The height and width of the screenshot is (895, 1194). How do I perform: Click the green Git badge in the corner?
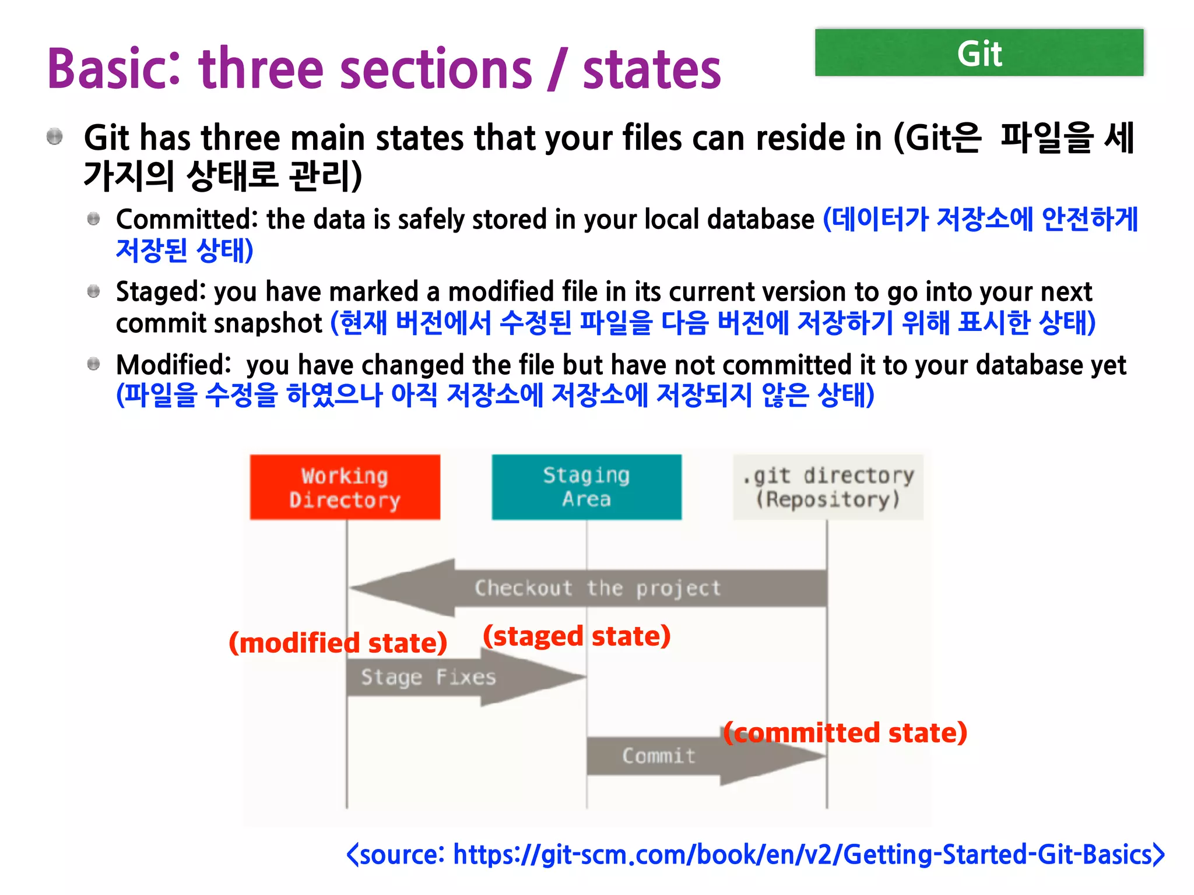click(x=979, y=53)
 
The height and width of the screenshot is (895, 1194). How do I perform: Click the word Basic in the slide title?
click(x=114, y=69)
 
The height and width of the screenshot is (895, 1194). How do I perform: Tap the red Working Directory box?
click(x=345, y=487)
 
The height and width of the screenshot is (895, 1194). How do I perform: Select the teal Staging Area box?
click(x=586, y=487)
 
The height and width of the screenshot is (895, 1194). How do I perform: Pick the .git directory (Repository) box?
click(x=828, y=487)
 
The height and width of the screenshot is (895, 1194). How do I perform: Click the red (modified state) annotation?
click(x=338, y=643)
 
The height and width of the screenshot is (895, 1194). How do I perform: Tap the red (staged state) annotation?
click(x=577, y=636)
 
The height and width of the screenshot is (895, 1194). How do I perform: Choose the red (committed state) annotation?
click(x=845, y=732)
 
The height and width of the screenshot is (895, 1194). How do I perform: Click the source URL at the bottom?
click(x=755, y=855)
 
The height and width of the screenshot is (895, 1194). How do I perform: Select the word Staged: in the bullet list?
click(x=161, y=292)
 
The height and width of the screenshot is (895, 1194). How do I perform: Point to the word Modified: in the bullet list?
click(x=174, y=365)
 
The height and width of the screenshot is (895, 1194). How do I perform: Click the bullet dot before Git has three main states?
click(x=55, y=137)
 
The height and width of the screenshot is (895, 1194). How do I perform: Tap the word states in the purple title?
click(x=652, y=69)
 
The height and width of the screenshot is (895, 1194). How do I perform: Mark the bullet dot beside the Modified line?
click(x=93, y=364)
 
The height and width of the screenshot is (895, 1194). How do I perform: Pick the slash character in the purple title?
click(x=557, y=69)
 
